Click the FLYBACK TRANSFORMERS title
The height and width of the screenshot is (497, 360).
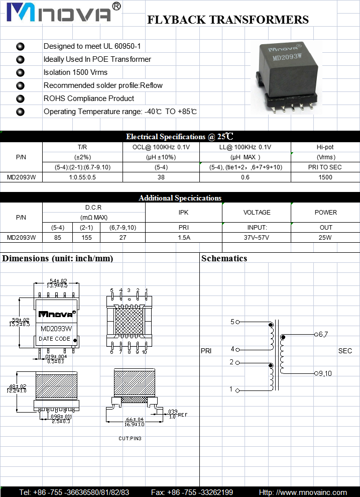[227, 20]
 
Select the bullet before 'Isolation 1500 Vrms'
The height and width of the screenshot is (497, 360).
[21, 72]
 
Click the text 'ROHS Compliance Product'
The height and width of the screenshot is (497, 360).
[89, 98]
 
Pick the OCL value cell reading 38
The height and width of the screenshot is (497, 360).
[161, 177]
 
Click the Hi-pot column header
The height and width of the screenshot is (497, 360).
[325, 147]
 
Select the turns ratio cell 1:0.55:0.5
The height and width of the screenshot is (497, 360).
[82, 177]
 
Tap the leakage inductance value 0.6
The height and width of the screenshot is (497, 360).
[245, 177]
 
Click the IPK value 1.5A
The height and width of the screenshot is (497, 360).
[184, 237]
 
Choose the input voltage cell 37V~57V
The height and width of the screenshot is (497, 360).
[257, 237]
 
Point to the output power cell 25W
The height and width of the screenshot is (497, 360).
[325, 237]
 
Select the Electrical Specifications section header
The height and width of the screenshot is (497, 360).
[180, 137]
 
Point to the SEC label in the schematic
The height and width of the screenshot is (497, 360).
[345, 351]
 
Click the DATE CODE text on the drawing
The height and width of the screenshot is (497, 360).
[55, 339]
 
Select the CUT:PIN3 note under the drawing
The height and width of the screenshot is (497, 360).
[130, 439]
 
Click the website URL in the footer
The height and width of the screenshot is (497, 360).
[303, 492]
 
